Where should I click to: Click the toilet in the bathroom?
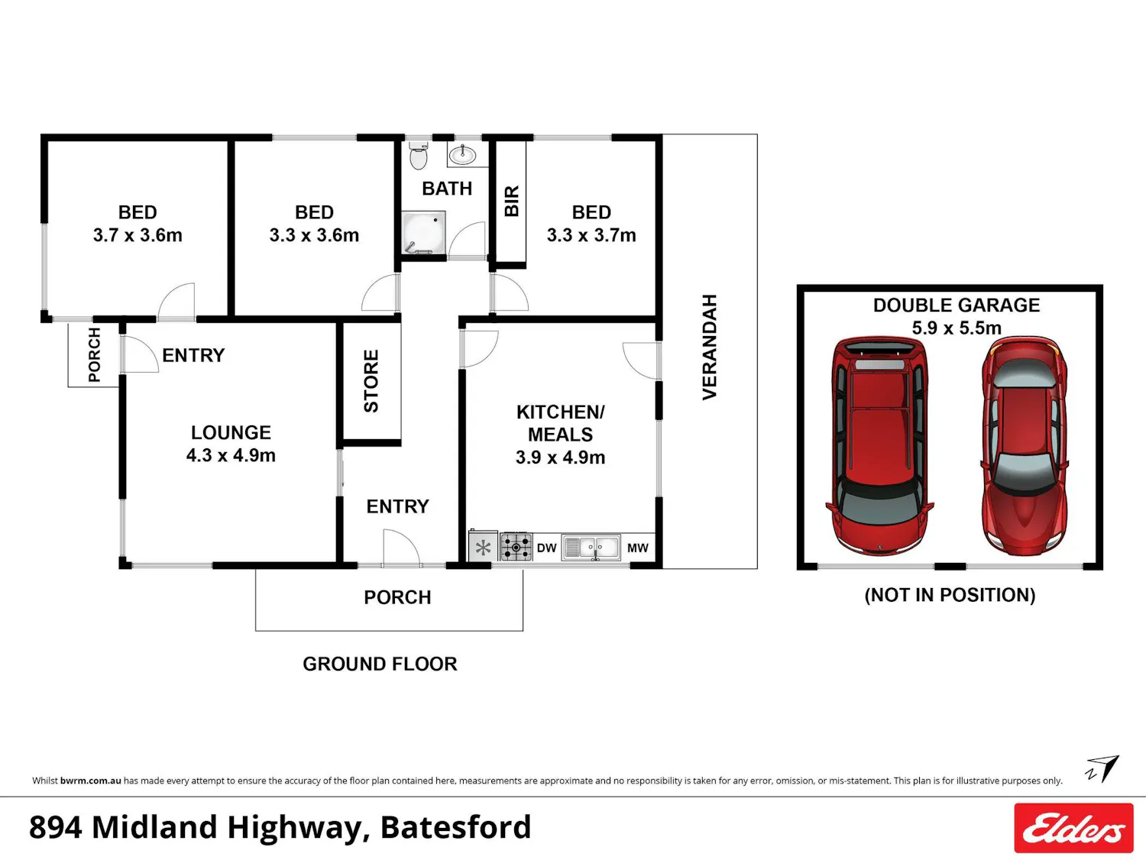418,155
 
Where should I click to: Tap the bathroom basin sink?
462,154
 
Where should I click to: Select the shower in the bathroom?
423,233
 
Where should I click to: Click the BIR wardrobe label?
512,201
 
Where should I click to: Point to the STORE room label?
371,381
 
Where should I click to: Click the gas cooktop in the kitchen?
516,547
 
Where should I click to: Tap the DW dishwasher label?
546,548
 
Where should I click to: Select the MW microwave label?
637,548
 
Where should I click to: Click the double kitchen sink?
591,548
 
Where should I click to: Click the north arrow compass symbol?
1102,769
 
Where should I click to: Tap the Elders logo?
1073,828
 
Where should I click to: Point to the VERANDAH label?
710,348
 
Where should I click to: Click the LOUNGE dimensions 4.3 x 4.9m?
231,455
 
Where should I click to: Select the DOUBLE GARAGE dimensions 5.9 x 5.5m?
957,328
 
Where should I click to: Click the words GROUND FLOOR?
380,664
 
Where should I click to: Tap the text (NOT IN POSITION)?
950,595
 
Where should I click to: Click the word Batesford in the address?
455,827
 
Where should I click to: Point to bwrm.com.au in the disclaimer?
91,781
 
